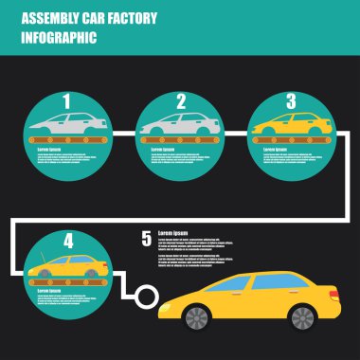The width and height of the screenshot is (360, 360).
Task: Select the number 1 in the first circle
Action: click(66, 101)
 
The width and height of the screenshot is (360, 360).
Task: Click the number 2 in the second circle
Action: click(180, 101)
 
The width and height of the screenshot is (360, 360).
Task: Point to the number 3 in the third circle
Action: click(291, 99)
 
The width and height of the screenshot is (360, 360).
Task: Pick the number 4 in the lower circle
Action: click(67, 241)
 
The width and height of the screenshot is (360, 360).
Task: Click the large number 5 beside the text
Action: click(146, 238)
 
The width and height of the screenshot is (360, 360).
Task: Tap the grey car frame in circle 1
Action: click(68, 123)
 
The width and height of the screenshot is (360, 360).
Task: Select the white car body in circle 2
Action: click(180, 124)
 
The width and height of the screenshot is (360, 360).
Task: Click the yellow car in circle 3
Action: click(289, 123)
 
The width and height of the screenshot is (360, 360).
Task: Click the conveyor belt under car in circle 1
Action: click(68, 139)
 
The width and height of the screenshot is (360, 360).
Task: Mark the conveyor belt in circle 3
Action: click(290, 139)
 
